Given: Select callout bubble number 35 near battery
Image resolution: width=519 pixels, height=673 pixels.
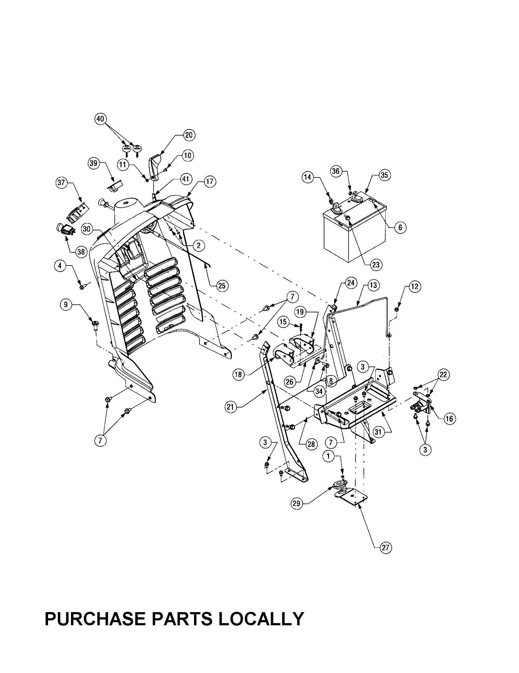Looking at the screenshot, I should tap(384, 175).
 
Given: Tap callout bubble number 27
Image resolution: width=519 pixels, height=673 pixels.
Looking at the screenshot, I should tap(386, 548).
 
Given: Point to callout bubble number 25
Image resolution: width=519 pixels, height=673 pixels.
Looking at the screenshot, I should tap(222, 286).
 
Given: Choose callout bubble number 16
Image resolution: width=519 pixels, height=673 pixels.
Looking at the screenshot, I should tap(450, 418).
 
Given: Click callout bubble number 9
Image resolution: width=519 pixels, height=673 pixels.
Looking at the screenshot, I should tap(66, 305).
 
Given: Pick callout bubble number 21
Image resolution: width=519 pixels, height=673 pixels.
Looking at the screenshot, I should tap(230, 407).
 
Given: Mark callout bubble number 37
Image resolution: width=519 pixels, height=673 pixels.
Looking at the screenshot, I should tap(61, 182).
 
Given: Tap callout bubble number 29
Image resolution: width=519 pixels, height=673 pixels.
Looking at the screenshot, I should tap(297, 504).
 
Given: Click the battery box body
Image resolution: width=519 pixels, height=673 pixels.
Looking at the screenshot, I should tap(354, 244).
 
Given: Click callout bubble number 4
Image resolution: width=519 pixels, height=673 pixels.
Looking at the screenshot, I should tap(60, 266).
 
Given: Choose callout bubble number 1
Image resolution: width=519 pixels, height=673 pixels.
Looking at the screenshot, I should tap(329, 456).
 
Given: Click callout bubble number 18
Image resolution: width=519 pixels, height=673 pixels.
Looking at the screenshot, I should tap(239, 375).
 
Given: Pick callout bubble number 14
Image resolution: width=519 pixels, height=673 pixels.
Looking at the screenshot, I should tap(308, 177).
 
